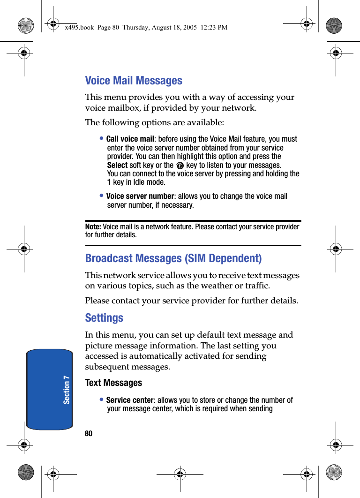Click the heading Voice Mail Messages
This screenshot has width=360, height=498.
click(x=134, y=81)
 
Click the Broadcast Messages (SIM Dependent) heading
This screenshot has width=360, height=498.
click(x=173, y=258)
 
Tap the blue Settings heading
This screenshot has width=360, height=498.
click(x=104, y=318)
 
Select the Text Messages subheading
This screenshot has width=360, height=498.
click(x=113, y=383)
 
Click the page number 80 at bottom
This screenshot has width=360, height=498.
click(x=89, y=434)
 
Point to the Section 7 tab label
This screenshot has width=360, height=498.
click(x=67, y=389)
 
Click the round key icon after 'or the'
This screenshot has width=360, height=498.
click(x=180, y=166)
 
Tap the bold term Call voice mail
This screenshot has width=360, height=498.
click(x=130, y=139)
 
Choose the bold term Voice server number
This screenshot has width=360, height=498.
click(x=140, y=196)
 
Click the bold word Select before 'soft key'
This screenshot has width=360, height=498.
click(x=117, y=165)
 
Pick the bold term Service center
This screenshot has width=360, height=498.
click(x=129, y=400)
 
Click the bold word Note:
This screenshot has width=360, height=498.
click(x=93, y=227)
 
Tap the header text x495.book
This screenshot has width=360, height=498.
click(x=78, y=28)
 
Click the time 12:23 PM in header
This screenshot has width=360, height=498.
click(x=214, y=28)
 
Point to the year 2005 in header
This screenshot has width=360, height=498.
click(x=188, y=28)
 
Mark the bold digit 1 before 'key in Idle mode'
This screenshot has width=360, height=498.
click(x=109, y=182)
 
